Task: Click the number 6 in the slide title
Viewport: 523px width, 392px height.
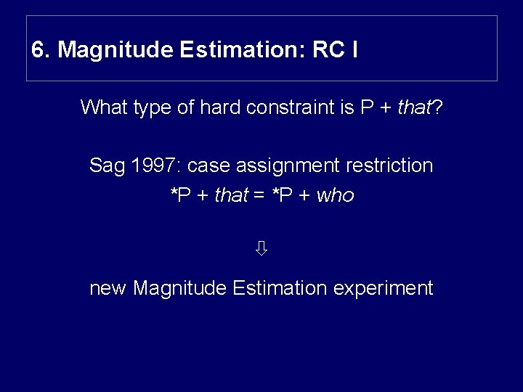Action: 37,50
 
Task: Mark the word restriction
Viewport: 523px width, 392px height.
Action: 389,166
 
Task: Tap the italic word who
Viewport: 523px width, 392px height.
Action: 335,195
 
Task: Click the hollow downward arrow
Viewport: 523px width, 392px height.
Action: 261,249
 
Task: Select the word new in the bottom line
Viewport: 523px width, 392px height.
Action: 108,289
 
